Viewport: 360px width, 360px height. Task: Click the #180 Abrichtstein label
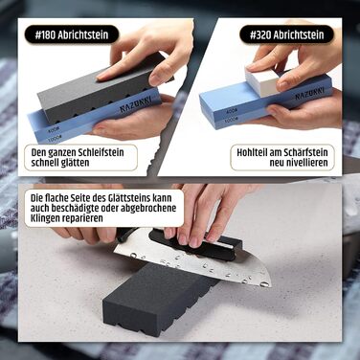pyautogui.click(x=72, y=34)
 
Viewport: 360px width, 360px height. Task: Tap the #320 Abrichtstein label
pyautogui.click(x=286, y=34)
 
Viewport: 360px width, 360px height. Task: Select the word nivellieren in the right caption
pyautogui.click(x=299, y=163)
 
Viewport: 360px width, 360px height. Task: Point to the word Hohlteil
pyautogui.click(x=252, y=152)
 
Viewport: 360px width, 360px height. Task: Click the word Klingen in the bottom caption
pyautogui.click(x=45, y=218)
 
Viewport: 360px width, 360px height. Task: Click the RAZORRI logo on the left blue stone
pyautogui.click(x=136, y=105)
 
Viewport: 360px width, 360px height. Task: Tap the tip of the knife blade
pyautogui.click(x=271, y=286)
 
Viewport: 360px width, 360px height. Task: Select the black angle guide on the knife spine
pyautogui.click(x=195, y=243)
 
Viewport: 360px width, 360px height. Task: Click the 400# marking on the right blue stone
pyautogui.click(x=232, y=111)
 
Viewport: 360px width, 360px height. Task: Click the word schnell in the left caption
pyautogui.click(x=44, y=163)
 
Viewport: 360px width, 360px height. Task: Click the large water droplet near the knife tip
pyautogui.click(x=263, y=284)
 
